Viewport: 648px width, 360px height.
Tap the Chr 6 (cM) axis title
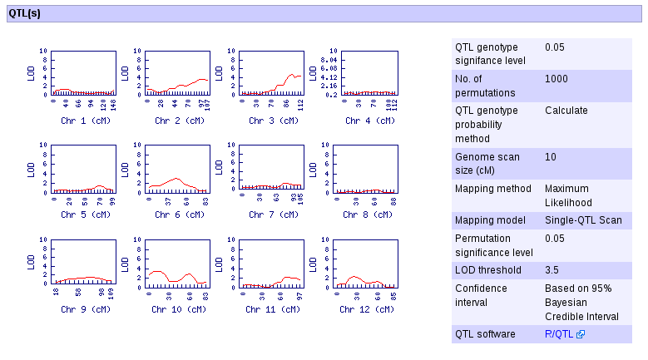pos(178,215)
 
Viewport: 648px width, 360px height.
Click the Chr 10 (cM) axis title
pos(178,309)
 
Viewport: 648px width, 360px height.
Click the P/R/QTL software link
pos(560,334)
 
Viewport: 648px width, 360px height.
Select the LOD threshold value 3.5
pos(555,270)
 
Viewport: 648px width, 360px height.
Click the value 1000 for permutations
pos(556,79)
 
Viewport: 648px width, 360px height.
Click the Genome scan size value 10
pos(551,157)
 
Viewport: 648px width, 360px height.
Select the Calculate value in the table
pos(566,111)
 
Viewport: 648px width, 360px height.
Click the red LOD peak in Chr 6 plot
pos(174,178)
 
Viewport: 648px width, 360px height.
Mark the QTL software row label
pos(486,334)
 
